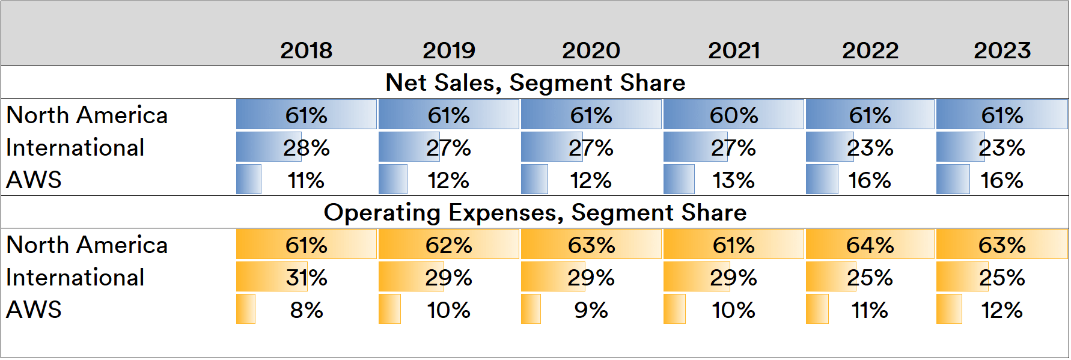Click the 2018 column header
[x=306, y=50]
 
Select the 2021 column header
[x=734, y=50]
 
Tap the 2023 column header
[x=1002, y=50]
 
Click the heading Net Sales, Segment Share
[x=535, y=82]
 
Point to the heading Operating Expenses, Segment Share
[x=535, y=213]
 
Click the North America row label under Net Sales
[x=87, y=115]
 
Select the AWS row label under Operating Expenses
[x=34, y=310]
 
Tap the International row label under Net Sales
[x=75, y=147]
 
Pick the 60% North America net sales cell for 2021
[x=733, y=115]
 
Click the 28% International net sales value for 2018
[x=306, y=148]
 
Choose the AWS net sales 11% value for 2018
[x=306, y=180]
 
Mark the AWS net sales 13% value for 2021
[x=733, y=180]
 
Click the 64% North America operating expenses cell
[x=870, y=245]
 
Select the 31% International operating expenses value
[x=306, y=278]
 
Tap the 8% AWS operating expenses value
[x=306, y=310]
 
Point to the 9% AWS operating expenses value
[x=591, y=310]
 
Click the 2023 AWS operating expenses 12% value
[x=1002, y=310]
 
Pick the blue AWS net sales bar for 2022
[x=822, y=180]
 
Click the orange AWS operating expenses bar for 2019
[x=389, y=310]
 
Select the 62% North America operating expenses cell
[x=448, y=245]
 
